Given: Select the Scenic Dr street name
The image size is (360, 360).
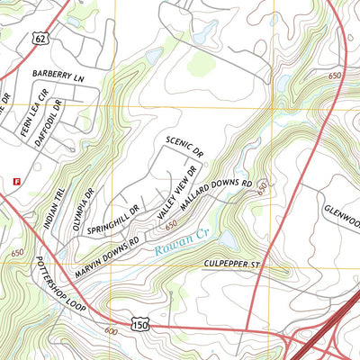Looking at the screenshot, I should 184,148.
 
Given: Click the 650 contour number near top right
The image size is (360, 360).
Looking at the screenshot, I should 335,77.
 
